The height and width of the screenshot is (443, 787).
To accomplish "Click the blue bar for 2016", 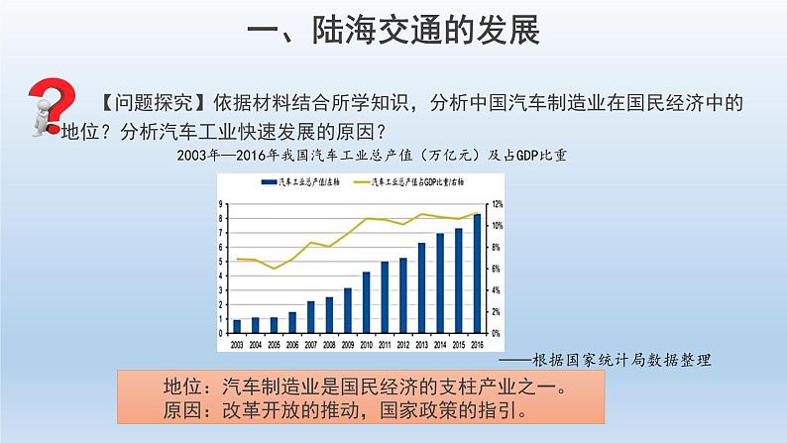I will pyautogui.click(x=477, y=274).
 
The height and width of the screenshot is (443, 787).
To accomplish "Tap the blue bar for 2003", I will pyautogui.click(x=237, y=326).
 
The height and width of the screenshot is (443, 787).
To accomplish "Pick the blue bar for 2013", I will pyautogui.click(x=421, y=287).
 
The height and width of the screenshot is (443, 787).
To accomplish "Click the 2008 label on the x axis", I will pyautogui.click(x=329, y=344).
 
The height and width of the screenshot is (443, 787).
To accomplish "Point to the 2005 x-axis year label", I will pyautogui.click(x=275, y=344).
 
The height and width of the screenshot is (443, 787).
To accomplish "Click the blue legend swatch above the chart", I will pyautogui.click(x=267, y=183).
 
